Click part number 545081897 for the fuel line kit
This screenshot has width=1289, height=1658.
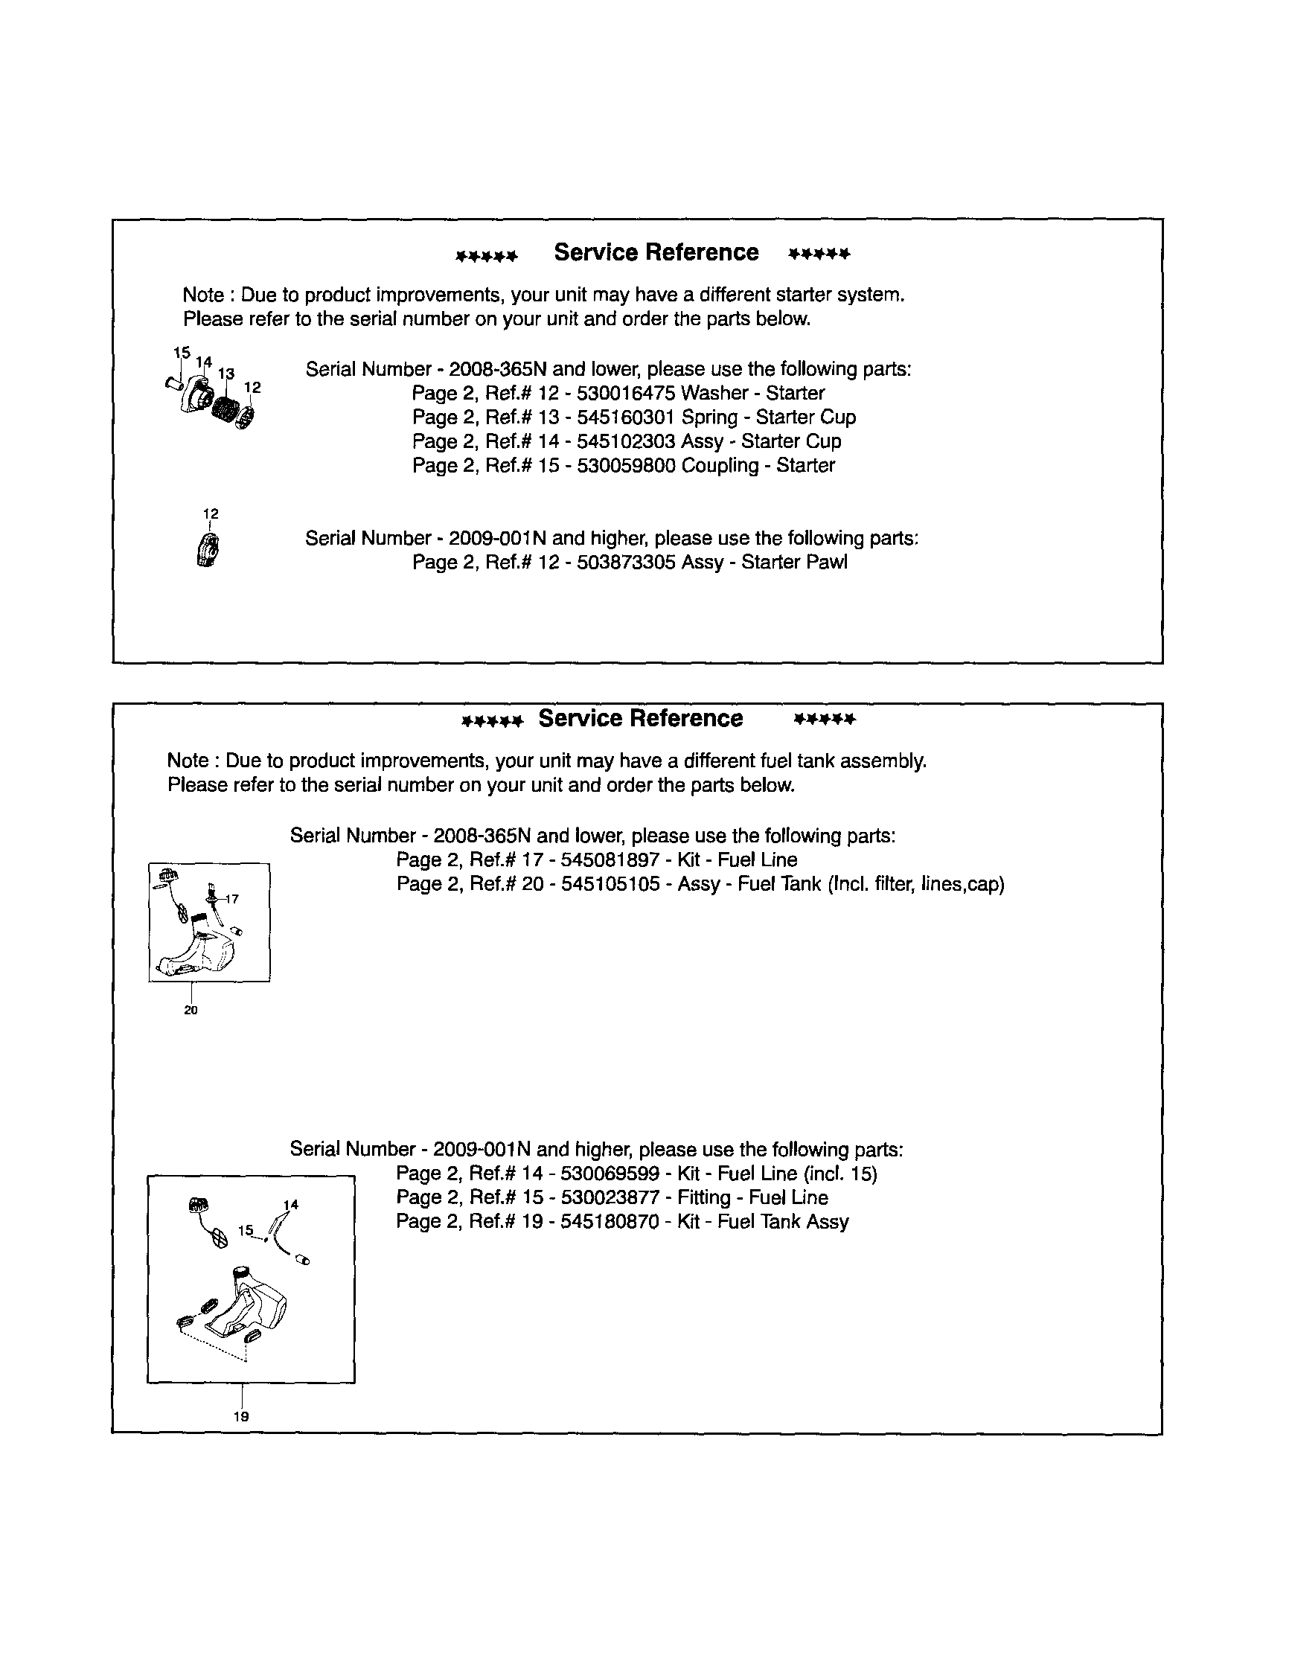(x=610, y=860)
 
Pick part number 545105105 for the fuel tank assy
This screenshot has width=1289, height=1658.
(x=610, y=884)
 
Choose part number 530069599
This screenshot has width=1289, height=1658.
(x=610, y=1174)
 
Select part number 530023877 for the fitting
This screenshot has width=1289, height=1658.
(x=610, y=1198)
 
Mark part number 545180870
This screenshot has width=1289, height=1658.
(x=610, y=1222)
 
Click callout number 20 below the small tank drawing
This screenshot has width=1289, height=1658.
(x=191, y=1011)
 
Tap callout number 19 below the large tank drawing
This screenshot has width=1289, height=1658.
(x=241, y=1417)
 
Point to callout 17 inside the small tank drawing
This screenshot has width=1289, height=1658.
(x=232, y=899)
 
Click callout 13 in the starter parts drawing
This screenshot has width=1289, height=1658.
(x=226, y=374)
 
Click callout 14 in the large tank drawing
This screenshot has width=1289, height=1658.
(x=291, y=1205)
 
